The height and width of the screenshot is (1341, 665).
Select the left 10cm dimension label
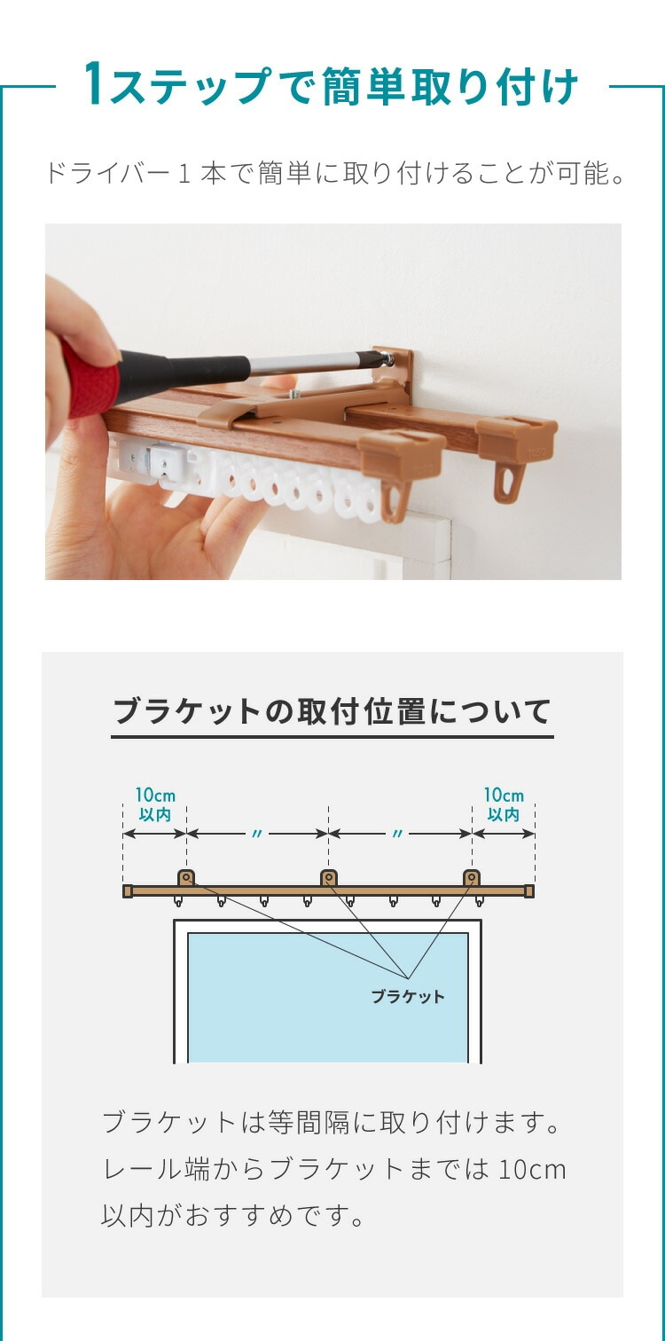pos(155,804)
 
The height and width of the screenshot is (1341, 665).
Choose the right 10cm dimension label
pos(504,804)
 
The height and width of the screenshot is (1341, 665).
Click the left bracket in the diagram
pos(186,879)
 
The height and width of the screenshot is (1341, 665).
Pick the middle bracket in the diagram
pos(328,879)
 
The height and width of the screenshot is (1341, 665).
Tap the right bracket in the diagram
pos(472,879)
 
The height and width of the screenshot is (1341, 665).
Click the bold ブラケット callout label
pos(408,997)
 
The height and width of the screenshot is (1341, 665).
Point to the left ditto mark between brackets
pos(257,834)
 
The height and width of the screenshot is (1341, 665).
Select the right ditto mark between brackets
pos(397,834)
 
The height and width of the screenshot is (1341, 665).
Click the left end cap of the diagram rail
pos(128,891)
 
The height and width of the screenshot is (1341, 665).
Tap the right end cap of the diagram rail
pos(528,891)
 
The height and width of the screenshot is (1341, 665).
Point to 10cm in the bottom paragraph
pos(531,1169)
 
